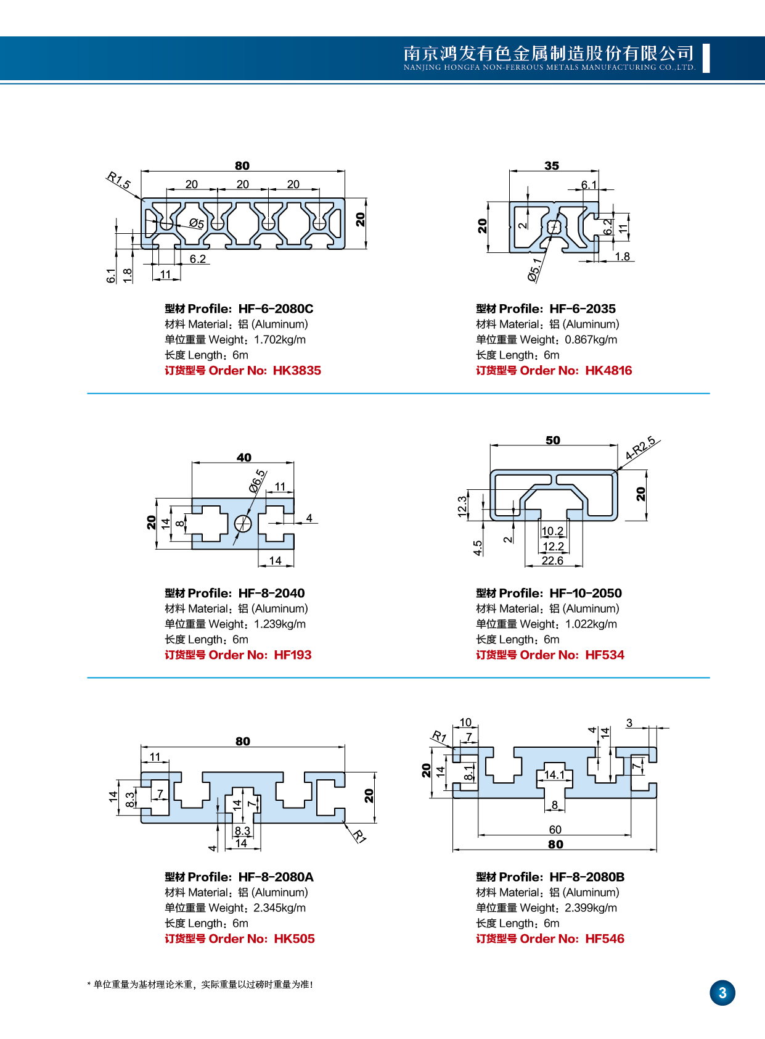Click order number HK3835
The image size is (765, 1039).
coord(297,371)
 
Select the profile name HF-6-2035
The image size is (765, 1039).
coord(582,309)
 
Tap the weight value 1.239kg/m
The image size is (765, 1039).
coord(280,624)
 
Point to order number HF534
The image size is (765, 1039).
coord(604,655)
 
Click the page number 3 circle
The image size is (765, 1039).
coord(722,993)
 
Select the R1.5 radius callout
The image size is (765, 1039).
coord(118,180)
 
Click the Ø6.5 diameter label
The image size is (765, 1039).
coord(258,481)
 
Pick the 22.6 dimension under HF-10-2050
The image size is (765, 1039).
coord(552,561)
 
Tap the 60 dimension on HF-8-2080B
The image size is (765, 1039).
coord(555,830)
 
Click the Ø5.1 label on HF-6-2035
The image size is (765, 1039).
coord(535,270)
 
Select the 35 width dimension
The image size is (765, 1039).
coord(552,166)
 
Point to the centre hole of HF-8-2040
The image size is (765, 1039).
coord(243,524)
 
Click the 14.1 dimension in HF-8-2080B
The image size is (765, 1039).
coord(554,775)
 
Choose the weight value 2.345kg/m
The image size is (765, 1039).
coord(279,908)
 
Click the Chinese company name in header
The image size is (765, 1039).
coord(549,53)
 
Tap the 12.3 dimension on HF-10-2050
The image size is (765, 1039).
coord(462,506)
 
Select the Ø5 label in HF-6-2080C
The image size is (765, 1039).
coord(197,223)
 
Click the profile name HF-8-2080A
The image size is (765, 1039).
coord(276,877)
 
